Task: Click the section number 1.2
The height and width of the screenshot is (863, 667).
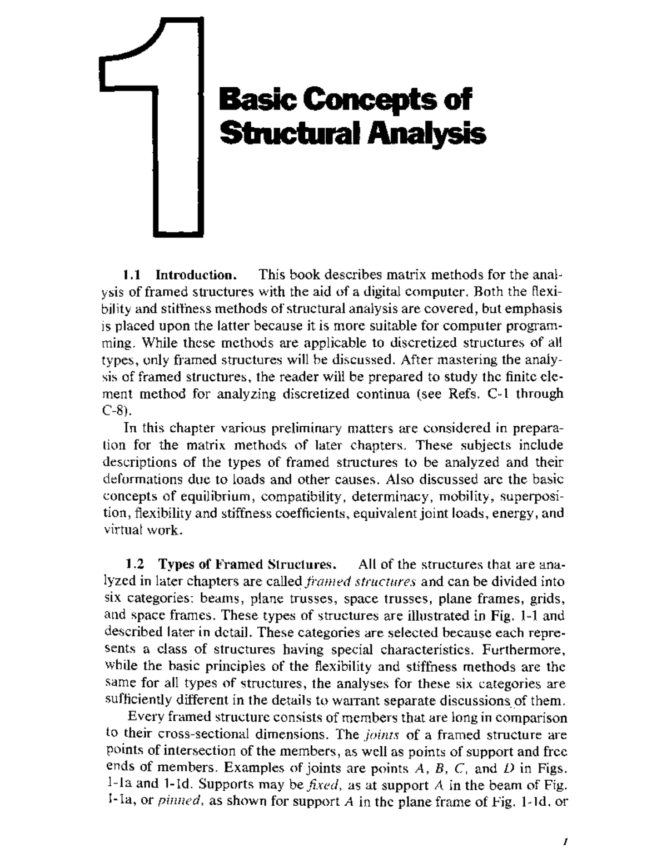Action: coord(135,565)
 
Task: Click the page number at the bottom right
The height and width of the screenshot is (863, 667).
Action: coord(564,842)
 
